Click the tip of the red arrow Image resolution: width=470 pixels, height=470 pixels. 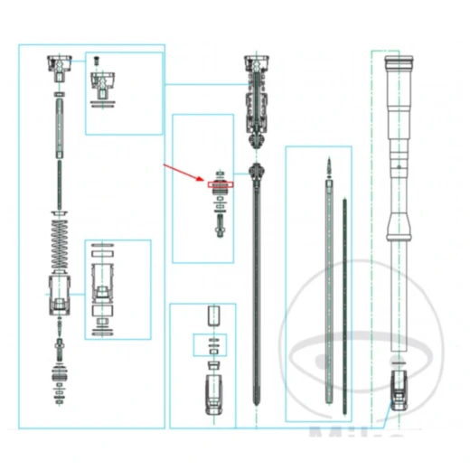(204, 180)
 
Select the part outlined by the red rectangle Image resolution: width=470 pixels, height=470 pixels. (220, 184)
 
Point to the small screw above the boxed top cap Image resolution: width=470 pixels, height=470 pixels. (98, 61)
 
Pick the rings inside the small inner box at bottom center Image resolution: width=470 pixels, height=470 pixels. (212, 348)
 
